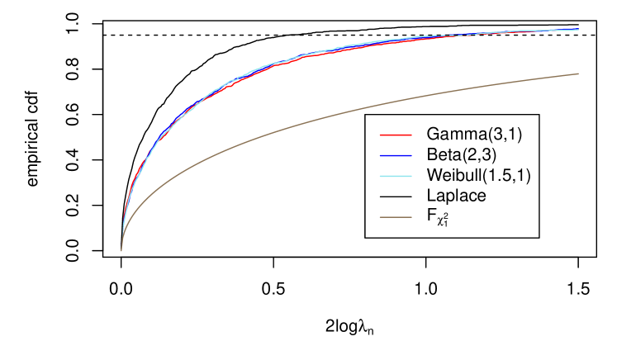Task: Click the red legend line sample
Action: tap(396, 135)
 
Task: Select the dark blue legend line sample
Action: tap(396, 155)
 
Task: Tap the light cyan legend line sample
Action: tap(396, 176)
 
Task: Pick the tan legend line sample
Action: tap(396, 217)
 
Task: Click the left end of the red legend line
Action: tap(381, 135)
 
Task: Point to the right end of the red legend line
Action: tap(411, 135)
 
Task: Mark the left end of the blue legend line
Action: tap(381, 155)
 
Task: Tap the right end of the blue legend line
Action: tap(411, 155)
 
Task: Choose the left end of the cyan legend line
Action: tap(381, 176)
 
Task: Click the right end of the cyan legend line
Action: tap(411, 176)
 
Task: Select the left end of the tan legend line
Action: tap(381, 217)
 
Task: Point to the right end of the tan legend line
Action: tap(411, 217)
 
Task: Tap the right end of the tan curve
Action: tap(578, 74)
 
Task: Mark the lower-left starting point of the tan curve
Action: tap(121, 250)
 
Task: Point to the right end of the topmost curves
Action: tap(578, 30)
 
